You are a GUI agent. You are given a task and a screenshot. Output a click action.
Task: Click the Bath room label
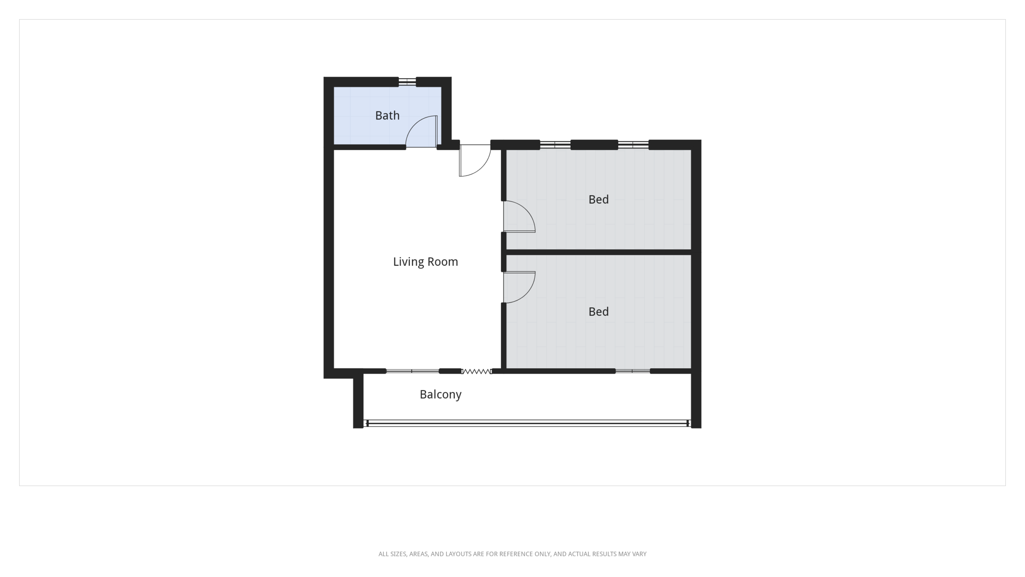tap(387, 115)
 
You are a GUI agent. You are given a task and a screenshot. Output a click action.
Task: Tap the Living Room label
tap(425, 262)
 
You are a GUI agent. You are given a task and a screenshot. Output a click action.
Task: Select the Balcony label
tap(440, 395)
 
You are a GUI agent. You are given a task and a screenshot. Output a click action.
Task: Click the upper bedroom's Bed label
tap(599, 199)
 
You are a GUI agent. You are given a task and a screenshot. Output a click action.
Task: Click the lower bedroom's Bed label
tap(599, 311)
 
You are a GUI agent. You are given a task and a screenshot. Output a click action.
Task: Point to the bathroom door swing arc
tap(415, 125)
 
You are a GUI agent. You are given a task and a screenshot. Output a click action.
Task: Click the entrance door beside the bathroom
tap(475, 160)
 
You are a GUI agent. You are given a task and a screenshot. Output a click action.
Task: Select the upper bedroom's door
tap(519, 216)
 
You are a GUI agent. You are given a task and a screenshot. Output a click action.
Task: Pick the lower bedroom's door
tap(519, 287)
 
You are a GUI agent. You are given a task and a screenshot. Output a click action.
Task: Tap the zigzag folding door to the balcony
tap(476, 371)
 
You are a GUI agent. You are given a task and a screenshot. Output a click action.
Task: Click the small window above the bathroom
tap(407, 82)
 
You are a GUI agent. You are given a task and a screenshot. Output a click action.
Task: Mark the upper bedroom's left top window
tap(555, 145)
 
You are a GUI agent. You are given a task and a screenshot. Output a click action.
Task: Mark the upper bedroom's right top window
tap(633, 145)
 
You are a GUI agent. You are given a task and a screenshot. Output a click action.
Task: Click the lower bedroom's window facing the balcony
tap(633, 371)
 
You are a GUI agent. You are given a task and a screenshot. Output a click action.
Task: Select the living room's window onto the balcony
tap(412, 371)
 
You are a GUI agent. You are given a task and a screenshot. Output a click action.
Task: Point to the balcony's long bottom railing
tap(527, 423)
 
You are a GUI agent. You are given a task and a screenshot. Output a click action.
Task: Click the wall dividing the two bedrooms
tap(599, 252)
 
